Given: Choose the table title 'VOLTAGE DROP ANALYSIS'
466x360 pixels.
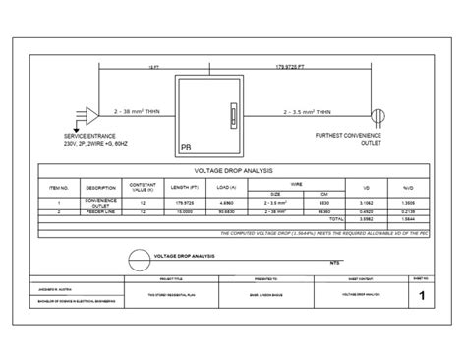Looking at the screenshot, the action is point(232,170).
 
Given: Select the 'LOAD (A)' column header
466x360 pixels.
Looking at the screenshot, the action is point(224,185).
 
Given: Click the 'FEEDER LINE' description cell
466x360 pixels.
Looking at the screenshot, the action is point(102,210).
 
